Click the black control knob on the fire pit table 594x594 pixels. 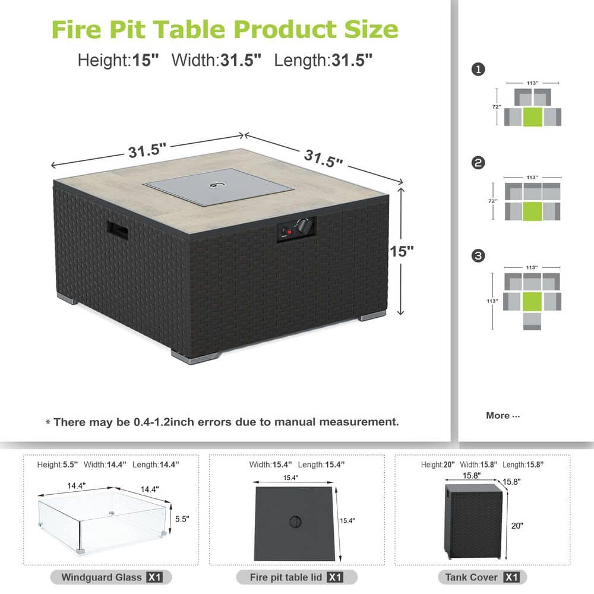point(304,226)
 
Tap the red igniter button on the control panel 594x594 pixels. point(290,232)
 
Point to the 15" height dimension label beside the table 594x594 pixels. point(402,251)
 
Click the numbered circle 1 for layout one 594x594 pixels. point(477,69)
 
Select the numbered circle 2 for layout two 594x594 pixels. point(477,163)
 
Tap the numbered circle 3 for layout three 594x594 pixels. point(477,256)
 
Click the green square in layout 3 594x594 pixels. point(533,301)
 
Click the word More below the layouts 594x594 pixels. point(497,415)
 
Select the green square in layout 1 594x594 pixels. point(533,116)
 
